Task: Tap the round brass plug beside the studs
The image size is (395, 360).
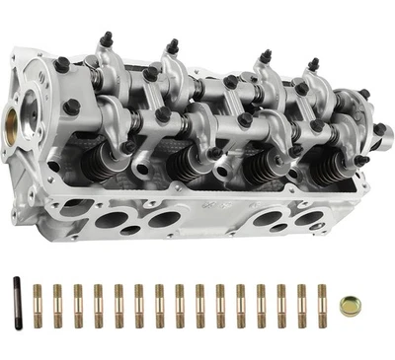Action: click(x=348, y=306)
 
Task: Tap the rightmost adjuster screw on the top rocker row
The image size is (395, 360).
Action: click(x=313, y=66)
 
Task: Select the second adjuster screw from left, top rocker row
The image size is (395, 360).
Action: click(x=172, y=46)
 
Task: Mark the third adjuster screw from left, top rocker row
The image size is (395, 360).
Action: click(x=264, y=58)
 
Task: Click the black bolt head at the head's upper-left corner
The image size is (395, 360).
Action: click(x=62, y=65)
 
